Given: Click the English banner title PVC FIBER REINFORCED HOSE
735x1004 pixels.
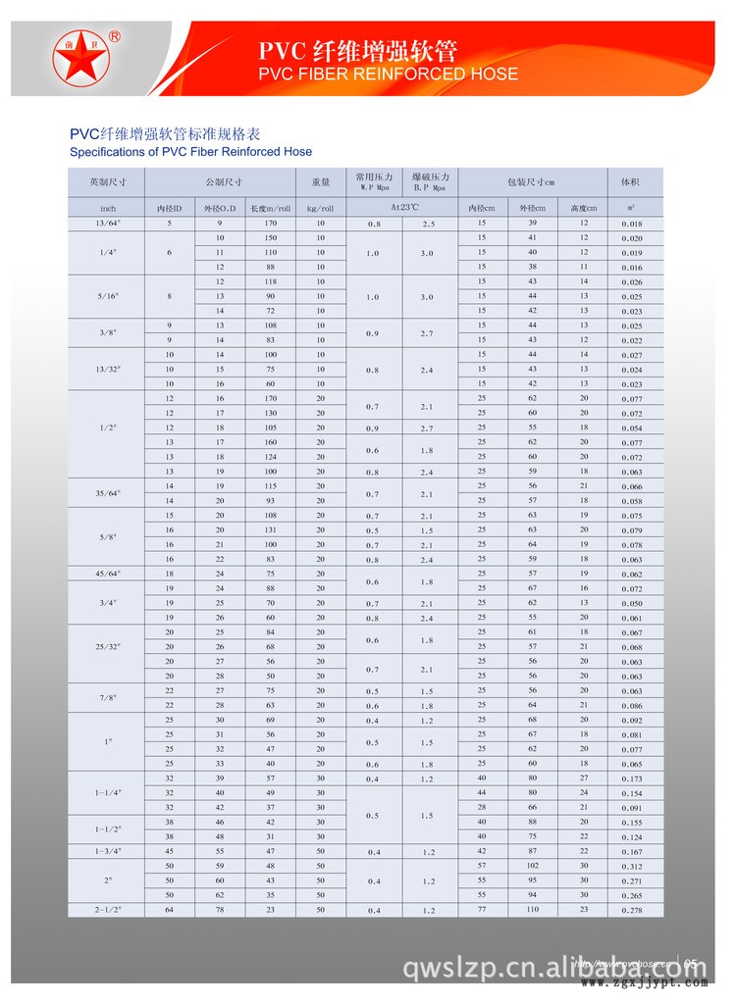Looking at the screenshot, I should [388, 75].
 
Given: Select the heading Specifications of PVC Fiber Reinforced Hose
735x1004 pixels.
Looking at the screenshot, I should [190, 152].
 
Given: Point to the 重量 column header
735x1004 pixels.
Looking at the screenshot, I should [320, 182].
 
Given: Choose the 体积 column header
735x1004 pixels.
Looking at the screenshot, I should [630, 182].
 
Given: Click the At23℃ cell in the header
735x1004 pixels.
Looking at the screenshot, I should [401, 208].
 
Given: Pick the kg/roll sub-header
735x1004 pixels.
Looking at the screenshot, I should [320, 208].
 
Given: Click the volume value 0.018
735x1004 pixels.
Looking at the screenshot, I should [631, 225].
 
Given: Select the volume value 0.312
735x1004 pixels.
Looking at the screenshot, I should [631, 867].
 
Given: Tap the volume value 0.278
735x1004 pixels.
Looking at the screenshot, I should [631, 911].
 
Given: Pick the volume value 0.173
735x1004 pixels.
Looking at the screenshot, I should [631, 779].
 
